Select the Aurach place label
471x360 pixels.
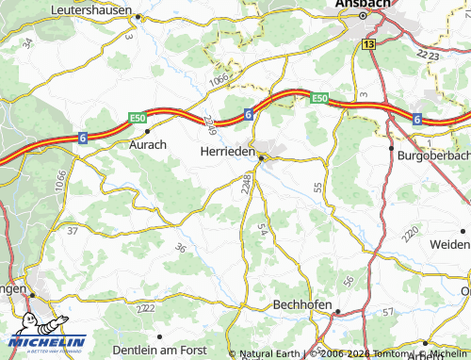[148, 145]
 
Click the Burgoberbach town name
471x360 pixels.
[433, 155]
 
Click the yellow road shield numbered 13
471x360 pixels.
[367, 44]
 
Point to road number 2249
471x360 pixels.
[207, 123]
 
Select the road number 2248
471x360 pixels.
[246, 184]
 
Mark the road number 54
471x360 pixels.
[263, 230]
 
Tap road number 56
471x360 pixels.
[349, 281]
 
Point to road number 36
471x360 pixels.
[180, 248]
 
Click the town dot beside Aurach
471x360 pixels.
[147, 132]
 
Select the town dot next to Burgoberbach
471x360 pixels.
[391, 147]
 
